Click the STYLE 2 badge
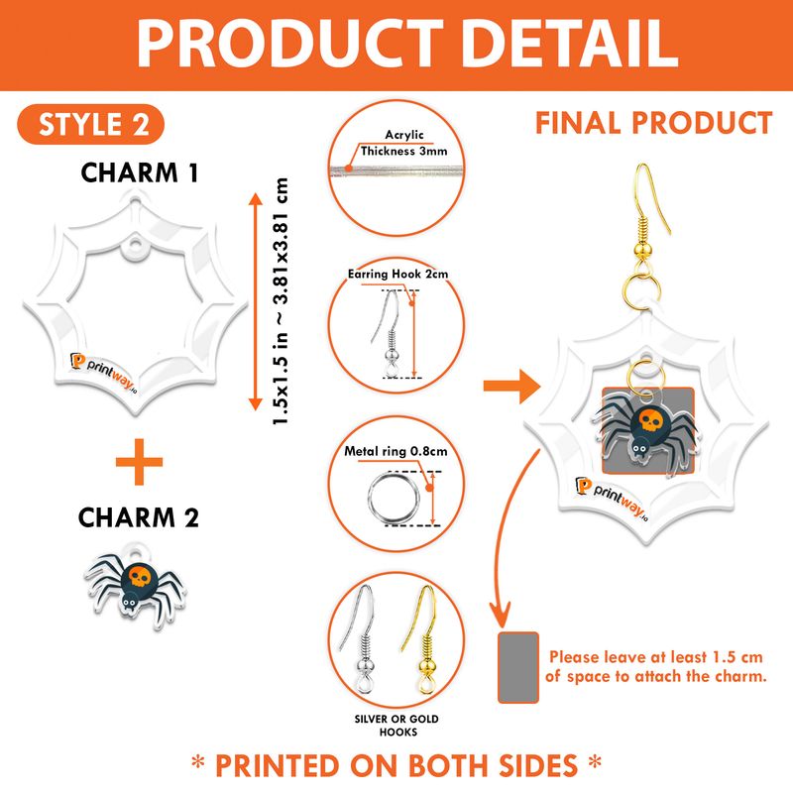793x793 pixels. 91,125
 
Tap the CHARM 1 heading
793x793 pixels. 139,172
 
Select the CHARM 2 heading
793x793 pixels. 139,517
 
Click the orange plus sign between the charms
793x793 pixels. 139,462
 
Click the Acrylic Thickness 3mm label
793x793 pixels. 403,143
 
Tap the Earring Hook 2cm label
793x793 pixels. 398,274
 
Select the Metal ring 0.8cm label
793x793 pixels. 396,451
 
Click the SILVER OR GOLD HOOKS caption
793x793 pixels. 397,726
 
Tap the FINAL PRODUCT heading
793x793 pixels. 654,123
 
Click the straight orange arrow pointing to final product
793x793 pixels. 511,387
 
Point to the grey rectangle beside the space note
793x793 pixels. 518,667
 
